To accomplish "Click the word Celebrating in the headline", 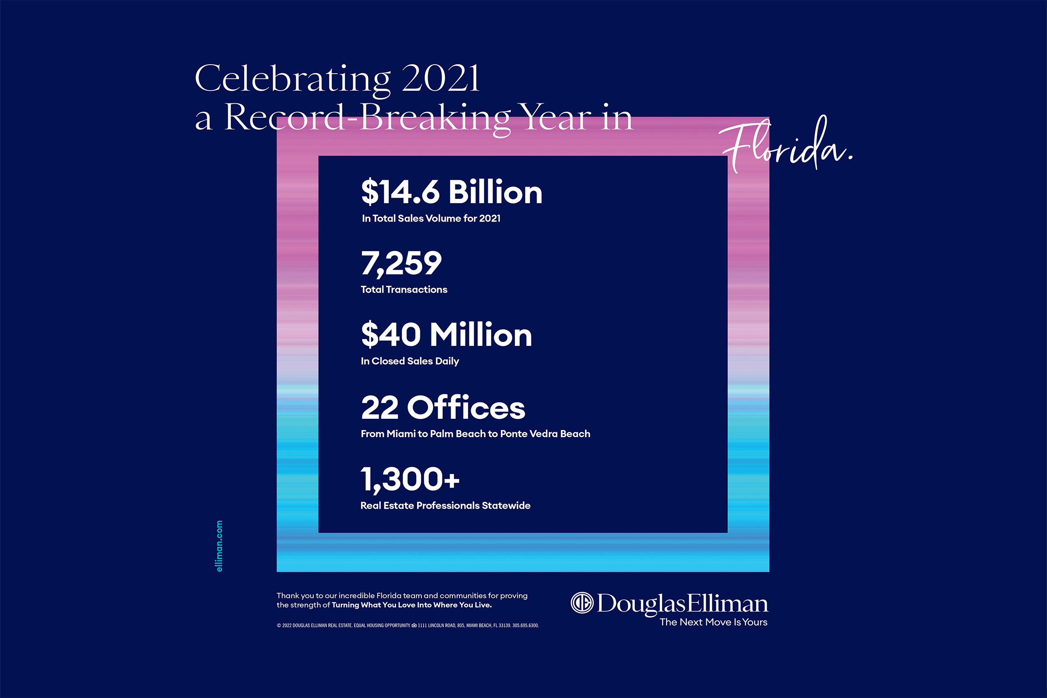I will (292, 79).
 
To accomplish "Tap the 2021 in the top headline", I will (441, 79).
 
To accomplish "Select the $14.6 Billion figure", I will (452, 192).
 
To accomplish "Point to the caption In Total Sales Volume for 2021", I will (431, 219).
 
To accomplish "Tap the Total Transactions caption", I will (404, 290).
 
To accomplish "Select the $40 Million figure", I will (446, 335).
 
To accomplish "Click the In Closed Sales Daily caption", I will (410, 361).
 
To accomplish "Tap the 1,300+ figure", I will (410, 479).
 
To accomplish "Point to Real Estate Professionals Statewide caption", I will (445, 506).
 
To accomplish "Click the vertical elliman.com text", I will (219, 546).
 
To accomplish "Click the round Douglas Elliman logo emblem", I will (582, 603).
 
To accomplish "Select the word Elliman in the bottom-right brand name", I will (727, 604).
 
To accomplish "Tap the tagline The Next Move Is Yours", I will (713, 623).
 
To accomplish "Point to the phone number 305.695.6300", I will (525, 626).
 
